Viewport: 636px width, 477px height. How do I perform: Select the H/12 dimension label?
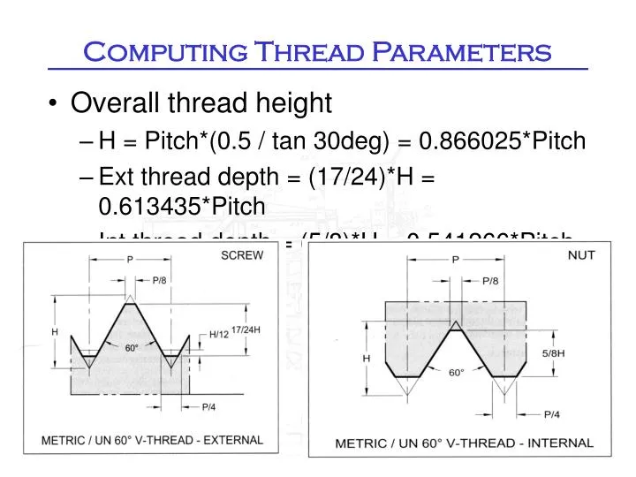[219, 334]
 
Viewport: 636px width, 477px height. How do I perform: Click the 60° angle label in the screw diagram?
[131, 347]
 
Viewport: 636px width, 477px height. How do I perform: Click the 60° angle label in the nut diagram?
[454, 373]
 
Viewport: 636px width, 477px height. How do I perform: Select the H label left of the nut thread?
[366, 359]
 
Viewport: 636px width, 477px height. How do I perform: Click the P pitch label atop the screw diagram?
[129, 261]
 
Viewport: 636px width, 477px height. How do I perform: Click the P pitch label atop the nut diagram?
[455, 260]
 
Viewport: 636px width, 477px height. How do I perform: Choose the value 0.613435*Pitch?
[181, 207]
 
